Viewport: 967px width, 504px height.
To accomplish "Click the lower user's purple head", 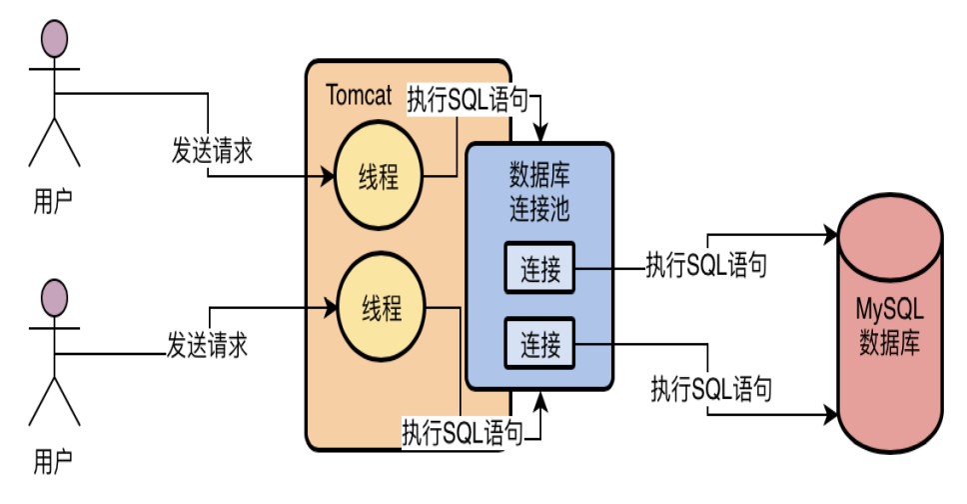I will [54, 298].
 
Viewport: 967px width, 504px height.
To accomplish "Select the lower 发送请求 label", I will [207, 346].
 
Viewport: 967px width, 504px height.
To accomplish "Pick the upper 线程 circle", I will [379, 178].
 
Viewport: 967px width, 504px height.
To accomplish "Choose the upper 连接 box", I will [539, 268].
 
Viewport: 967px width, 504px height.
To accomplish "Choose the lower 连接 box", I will [539, 345].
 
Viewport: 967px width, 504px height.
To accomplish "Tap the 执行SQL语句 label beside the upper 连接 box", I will [707, 265].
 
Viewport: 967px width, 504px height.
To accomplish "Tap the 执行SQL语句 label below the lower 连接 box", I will [710, 386].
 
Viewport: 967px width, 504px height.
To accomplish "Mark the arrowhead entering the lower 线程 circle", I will [332, 305].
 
